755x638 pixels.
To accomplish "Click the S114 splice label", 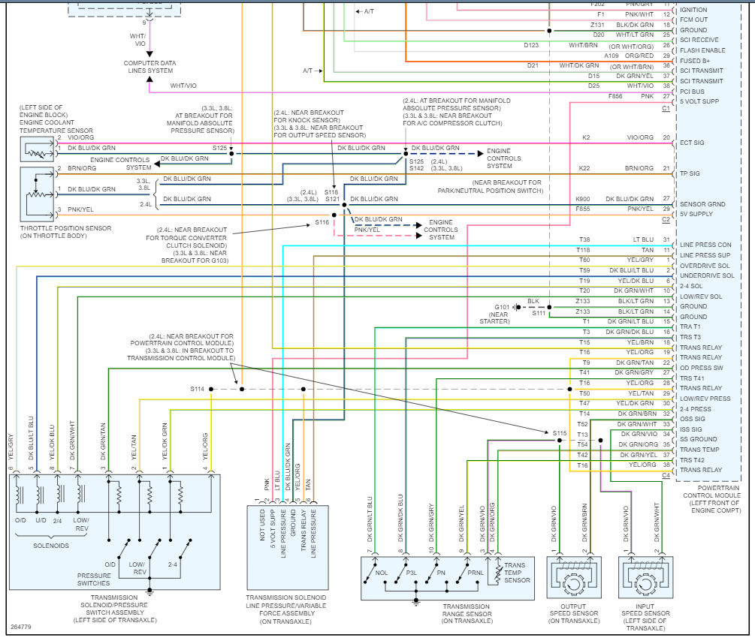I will [197, 389].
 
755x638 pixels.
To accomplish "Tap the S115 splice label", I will [560, 433].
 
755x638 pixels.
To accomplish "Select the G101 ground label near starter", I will [502, 307].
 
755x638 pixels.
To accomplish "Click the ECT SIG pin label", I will [692, 143].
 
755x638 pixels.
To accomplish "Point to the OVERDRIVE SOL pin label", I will [705, 265].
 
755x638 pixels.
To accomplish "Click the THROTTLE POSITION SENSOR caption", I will [67, 233].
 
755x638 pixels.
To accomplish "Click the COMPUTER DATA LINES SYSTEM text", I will [149, 67].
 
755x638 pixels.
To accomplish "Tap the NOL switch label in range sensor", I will [381, 571].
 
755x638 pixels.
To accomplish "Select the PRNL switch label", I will [475, 571].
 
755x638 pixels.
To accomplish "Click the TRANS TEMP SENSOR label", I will [517, 573].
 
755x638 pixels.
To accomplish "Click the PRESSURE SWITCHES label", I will [93, 579].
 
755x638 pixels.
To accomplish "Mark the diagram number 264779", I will [21, 627].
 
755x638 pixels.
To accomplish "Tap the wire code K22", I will [586, 168].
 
